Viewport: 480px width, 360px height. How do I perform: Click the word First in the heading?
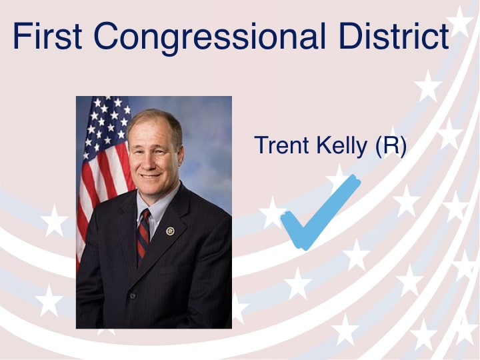coord(47,35)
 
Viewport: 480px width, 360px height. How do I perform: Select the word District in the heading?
coord(394,35)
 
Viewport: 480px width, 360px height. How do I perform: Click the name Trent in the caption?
coord(281,145)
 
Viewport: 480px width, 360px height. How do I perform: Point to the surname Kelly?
coord(341,146)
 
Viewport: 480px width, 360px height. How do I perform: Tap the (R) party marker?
coord(391,146)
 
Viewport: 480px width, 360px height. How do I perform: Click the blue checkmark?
coord(321,213)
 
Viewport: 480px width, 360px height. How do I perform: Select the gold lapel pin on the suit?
coord(170,231)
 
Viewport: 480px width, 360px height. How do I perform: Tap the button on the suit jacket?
coord(133,296)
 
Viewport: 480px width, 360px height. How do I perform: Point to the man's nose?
coord(148,162)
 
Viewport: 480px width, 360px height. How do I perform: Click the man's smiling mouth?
coord(151,176)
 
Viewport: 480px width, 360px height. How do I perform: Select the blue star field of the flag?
coord(107,125)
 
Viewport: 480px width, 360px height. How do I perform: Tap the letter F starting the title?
coord(21,36)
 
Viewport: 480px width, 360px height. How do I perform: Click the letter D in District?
coord(350,36)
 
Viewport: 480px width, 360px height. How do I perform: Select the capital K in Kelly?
coord(323,145)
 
